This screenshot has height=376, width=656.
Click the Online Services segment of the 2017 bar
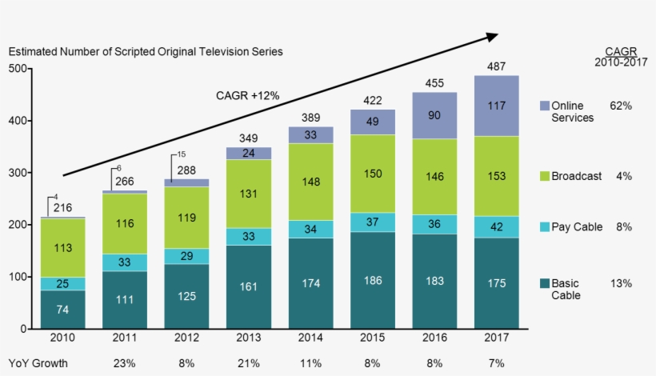pyautogui.click(x=496, y=106)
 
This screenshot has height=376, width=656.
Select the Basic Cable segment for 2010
pyautogui.click(x=62, y=310)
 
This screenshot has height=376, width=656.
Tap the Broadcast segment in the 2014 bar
pyautogui.click(x=310, y=182)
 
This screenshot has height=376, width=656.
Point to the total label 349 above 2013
pyautogui.click(x=249, y=138)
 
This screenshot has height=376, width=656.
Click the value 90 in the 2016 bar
pyautogui.click(x=434, y=115)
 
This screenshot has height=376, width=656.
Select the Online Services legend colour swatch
pyautogui.click(x=544, y=106)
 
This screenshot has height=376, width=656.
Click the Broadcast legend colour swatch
pyautogui.click(x=544, y=176)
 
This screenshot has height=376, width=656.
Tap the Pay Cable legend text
pyautogui.click(x=577, y=227)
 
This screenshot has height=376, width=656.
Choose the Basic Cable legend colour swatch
pyautogui.click(x=544, y=283)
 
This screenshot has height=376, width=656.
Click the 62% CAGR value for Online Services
pyautogui.click(x=621, y=106)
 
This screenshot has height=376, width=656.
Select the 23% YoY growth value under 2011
pyautogui.click(x=125, y=363)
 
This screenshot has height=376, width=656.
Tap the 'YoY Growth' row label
pyautogui.click(x=38, y=363)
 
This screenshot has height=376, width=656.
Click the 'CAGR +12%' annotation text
pyautogui.click(x=248, y=95)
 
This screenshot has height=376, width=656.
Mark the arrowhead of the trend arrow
pyautogui.click(x=491, y=36)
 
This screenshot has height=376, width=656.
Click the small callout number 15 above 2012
pyautogui.click(x=182, y=154)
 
